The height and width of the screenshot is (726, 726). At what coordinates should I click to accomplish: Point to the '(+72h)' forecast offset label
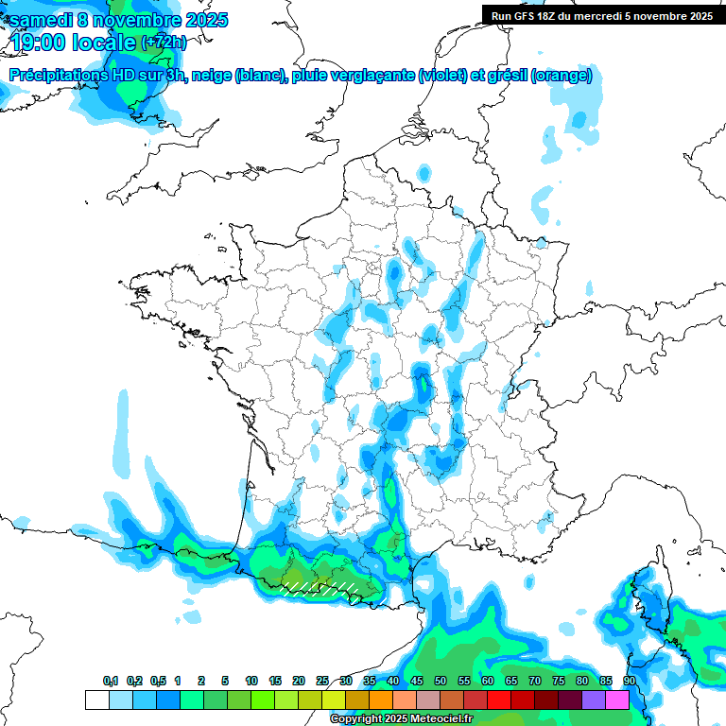(164, 43)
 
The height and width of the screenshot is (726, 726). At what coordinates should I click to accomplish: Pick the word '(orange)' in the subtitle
(562, 76)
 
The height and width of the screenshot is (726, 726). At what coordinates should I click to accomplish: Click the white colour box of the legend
(96, 700)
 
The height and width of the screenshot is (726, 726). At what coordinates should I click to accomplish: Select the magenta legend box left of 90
(617, 700)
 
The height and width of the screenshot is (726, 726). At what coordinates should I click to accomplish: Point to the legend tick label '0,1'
(111, 681)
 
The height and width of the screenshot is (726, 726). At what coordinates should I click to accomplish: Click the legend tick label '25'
(322, 681)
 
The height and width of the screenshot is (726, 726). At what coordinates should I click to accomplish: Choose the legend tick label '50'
(441, 681)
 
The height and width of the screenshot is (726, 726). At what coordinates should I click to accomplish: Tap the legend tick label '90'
(630, 681)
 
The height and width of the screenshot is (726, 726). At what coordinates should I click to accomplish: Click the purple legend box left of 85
(594, 700)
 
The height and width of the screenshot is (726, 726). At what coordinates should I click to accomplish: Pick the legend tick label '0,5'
(158, 681)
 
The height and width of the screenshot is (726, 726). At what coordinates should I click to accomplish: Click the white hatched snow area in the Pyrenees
(321, 588)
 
